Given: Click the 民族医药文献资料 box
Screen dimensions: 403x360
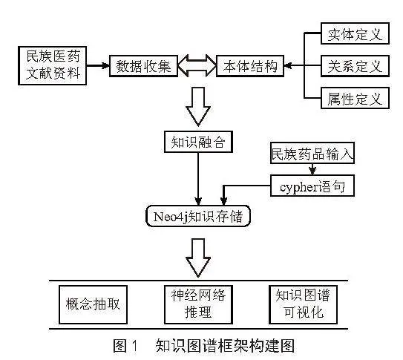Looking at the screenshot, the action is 52,65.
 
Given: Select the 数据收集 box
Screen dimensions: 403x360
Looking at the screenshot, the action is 143,66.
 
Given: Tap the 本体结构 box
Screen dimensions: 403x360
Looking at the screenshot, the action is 250,66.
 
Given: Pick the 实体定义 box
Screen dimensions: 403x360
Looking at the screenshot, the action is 356,33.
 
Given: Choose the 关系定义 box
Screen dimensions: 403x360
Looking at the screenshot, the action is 356,66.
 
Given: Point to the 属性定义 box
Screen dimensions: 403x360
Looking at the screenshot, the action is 356,98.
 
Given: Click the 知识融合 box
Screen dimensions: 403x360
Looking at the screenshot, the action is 198,142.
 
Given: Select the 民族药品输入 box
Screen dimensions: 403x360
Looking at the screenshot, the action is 312,153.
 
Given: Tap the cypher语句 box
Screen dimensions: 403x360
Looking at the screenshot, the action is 312,186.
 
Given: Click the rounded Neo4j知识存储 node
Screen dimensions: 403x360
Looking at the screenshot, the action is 198,216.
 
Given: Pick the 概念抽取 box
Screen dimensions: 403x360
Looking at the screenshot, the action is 93,304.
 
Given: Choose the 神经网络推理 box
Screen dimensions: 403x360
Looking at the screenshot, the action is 198,304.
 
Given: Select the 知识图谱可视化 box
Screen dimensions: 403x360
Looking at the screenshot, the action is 303,304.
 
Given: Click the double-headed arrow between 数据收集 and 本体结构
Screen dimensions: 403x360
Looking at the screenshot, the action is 197,66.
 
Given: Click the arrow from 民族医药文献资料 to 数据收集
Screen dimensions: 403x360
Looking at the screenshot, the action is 98,65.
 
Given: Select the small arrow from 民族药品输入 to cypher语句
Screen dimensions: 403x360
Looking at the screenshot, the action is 312,169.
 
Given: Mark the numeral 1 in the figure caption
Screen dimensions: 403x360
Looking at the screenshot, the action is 134,346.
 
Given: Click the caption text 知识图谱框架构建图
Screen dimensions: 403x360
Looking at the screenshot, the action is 225,346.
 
